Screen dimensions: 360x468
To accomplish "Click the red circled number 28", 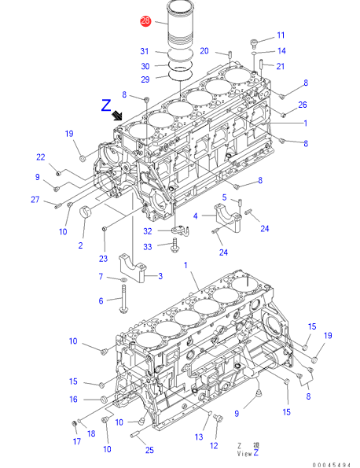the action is point(145,21).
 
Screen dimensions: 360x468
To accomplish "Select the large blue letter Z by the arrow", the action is point(106,105).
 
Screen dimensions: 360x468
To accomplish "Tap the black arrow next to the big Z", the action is point(117,115).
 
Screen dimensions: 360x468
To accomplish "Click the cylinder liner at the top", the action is point(180,24).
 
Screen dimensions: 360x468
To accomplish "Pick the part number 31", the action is point(145,51).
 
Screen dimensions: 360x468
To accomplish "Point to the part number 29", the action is point(145,79).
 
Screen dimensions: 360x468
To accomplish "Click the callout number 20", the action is point(204,51).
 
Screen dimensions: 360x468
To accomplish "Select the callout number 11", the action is point(281,35).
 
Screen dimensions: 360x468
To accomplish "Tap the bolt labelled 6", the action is point(123,299).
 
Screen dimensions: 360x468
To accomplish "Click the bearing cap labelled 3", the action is point(131,267).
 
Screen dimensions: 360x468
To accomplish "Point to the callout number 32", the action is point(148,231).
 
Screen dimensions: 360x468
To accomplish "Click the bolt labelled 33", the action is point(175,245).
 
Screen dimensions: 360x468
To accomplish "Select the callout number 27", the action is point(35,199).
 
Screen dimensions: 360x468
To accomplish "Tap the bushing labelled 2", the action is point(86,212).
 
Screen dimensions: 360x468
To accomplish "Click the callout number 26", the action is point(303,105).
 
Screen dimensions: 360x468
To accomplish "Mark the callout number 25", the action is point(149,450).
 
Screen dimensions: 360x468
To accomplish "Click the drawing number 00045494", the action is point(332,465).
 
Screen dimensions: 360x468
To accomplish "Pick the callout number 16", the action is point(73,400).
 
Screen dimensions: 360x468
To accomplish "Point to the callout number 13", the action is point(199,437).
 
